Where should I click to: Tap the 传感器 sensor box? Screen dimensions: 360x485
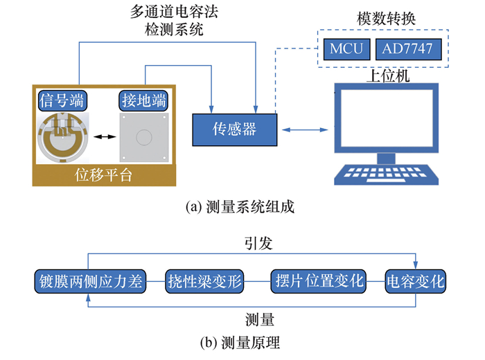tap(233, 128)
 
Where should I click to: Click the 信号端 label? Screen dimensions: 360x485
tap(62, 100)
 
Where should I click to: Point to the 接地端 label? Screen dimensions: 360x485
tap(143, 100)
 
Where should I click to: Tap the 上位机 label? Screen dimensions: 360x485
tap(387, 75)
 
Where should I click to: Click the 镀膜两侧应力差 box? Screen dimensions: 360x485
tap(87, 281)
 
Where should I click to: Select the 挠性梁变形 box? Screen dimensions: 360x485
tap(206, 281)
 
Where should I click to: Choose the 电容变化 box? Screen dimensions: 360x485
tap(416, 281)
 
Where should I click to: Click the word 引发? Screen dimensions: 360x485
tap(258, 244)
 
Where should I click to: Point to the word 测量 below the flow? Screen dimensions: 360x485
tap(260, 319)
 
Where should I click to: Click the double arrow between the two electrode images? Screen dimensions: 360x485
tap(103, 138)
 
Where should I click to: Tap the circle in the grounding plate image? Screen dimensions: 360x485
tap(143, 137)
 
